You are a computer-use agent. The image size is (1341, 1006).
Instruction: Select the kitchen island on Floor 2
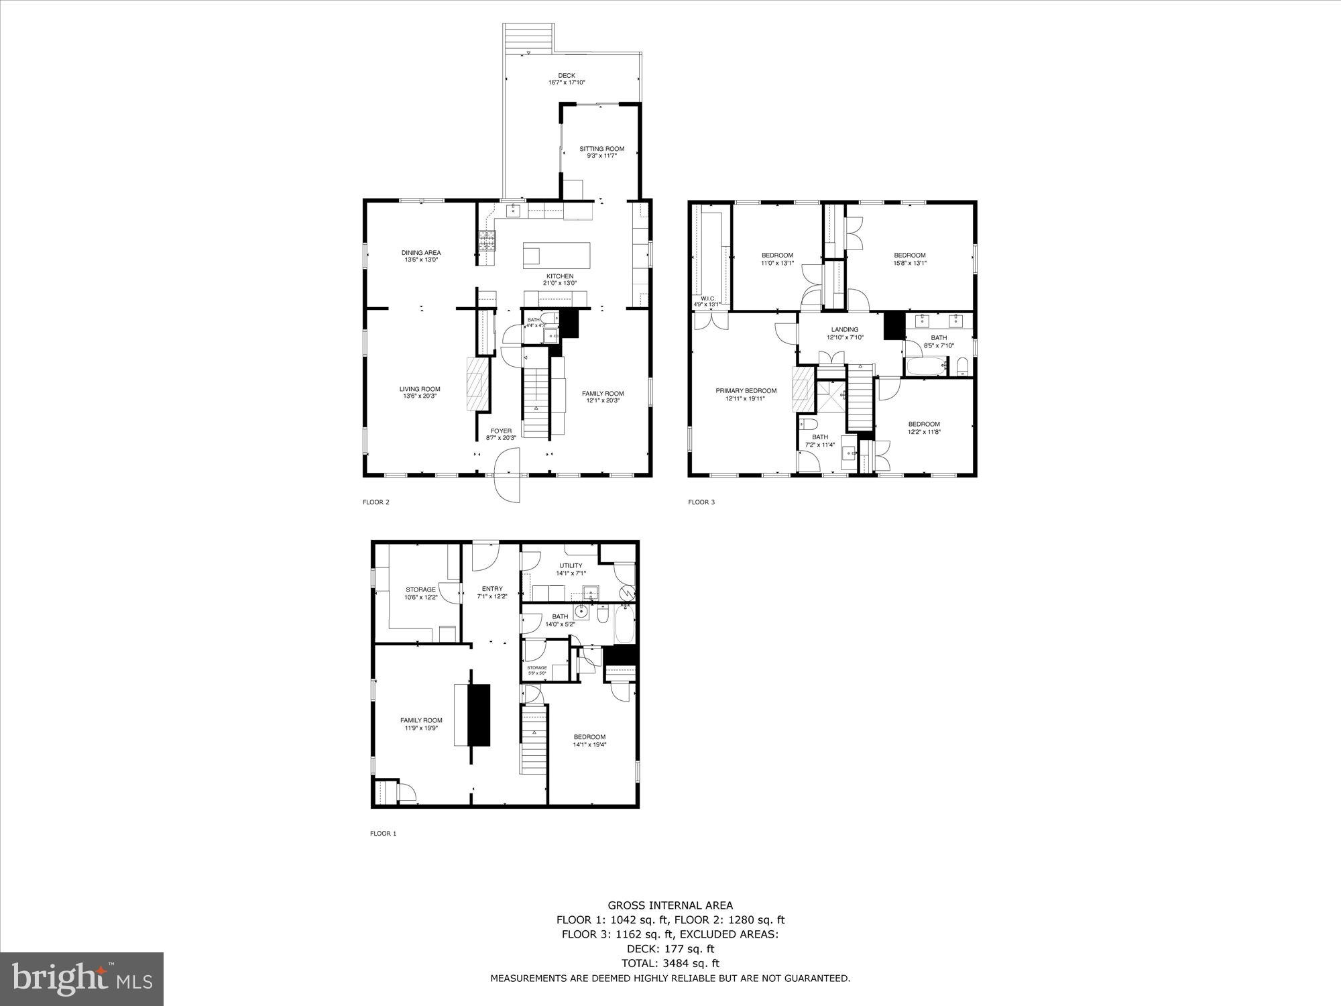557,256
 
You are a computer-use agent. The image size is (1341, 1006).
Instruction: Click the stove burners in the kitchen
487,241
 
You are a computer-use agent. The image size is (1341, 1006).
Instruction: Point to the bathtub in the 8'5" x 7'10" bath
925,367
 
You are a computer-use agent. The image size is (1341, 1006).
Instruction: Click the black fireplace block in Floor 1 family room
479,715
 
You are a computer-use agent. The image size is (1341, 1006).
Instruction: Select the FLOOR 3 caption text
701,502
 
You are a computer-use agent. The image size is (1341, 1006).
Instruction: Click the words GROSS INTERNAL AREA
670,905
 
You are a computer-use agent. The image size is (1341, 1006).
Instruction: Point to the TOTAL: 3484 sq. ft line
670,963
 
